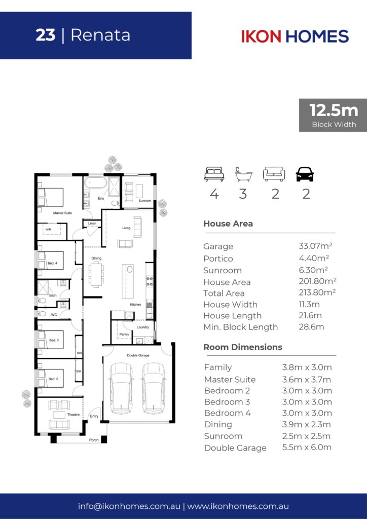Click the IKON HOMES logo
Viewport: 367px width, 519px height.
pos(295,36)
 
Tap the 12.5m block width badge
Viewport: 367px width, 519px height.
pos(333,115)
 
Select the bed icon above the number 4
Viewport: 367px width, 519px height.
pos(214,174)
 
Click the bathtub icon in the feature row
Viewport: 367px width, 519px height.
pos(243,174)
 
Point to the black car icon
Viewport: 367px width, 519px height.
pos(305,174)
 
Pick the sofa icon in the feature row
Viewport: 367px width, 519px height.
pos(274,174)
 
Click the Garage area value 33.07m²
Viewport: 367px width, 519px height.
pos(315,246)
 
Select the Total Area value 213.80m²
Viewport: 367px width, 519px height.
pos(317,292)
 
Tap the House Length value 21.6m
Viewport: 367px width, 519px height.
pos(310,315)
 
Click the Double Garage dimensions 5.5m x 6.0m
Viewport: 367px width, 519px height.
pos(307,447)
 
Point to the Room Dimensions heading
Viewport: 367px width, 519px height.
pos(243,347)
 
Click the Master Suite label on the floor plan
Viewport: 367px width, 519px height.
pos(62,213)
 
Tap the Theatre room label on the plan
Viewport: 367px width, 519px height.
pos(74,415)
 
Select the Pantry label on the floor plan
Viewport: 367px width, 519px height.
pos(124,335)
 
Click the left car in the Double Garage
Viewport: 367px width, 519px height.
pos(122,388)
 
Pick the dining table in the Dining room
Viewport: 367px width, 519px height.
pos(97,274)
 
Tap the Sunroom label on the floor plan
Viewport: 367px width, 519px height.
pos(145,201)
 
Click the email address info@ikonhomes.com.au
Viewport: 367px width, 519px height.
pos(129,506)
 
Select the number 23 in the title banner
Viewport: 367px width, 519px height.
pos(46,35)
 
